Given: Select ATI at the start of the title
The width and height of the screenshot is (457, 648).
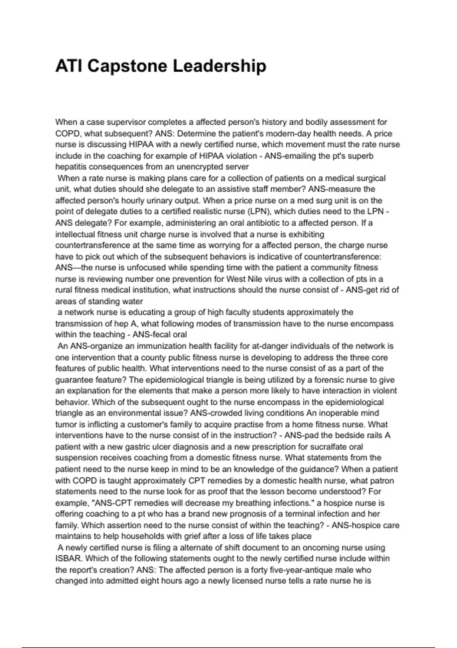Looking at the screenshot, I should [x=69, y=66].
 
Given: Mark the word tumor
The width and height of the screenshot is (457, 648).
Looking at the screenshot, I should [x=66, y=424].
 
